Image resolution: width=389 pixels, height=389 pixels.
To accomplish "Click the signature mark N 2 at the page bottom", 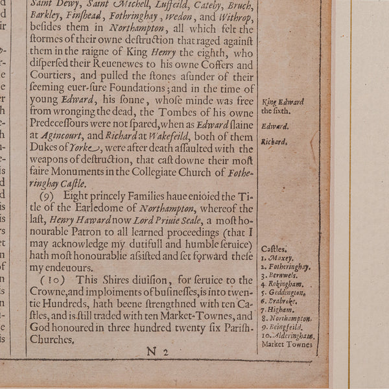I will tap(158, 352).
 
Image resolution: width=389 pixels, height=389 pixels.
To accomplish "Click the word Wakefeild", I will tap(171, 136).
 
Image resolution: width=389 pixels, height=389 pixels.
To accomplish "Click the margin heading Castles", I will tap(274, 248).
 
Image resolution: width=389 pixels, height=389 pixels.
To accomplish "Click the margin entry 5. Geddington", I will tap(286, 292).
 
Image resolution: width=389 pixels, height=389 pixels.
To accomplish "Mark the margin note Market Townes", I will tap(287, 345).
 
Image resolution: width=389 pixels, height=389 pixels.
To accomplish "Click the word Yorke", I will tap(88, 148).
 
